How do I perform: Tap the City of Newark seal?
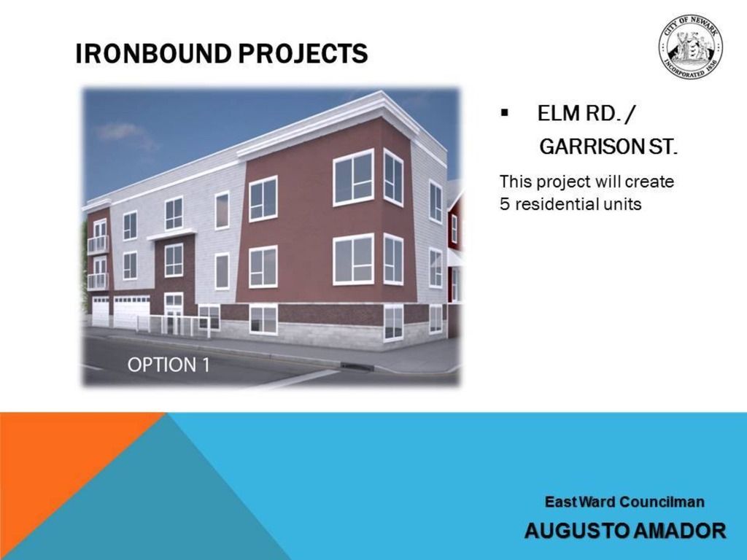(x=690, y=46)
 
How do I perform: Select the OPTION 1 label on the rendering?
(x=169, y=365)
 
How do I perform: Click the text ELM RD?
(x=578, y=113)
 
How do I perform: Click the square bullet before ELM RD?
(x=505, y=113)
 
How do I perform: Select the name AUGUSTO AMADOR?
(x=625, y=531)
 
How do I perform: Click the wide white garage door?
(x=132, y=311)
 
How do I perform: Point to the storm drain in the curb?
(x=356, y=366)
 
